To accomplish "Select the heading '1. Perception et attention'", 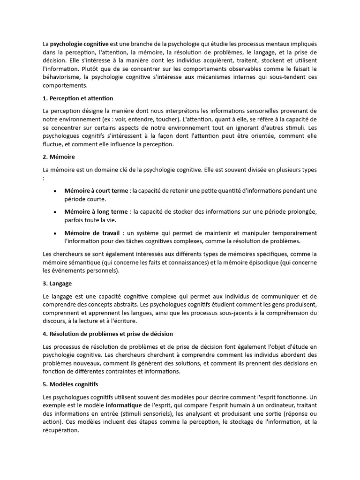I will tap(77, 98).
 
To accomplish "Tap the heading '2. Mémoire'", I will tap(59, 156).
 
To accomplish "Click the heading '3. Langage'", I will tap(57, 284).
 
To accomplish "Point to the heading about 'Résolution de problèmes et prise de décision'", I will tap(107, 334).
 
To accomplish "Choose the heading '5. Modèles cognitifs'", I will tap(70, 384).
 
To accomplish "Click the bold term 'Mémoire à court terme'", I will tap(96, 191).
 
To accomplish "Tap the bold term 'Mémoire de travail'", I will tap(94, 233).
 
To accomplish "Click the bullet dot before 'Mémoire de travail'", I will tap(55, 233).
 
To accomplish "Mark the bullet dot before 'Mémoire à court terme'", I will tap(55, 191).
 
